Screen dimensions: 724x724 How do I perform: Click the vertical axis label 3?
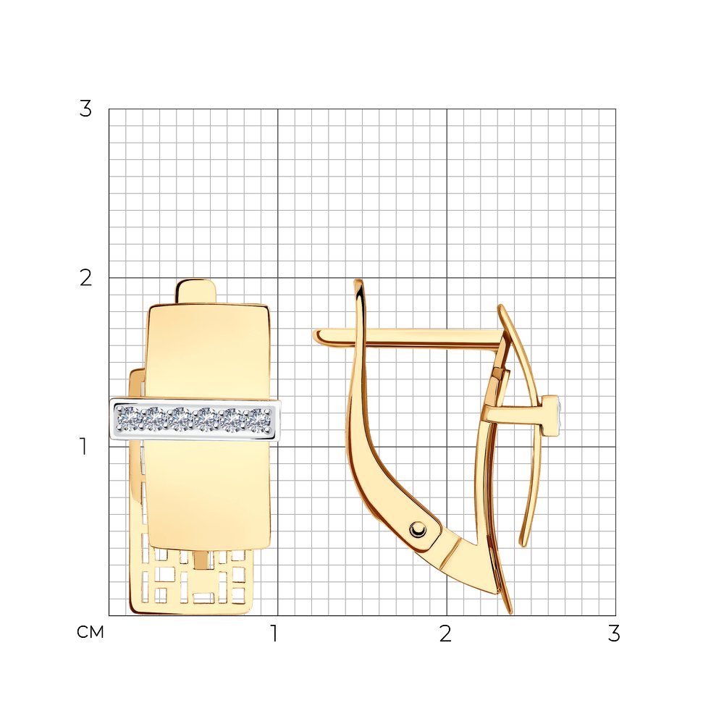click(x=86, y=109)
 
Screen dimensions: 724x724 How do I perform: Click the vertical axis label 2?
click(x=86, y=278)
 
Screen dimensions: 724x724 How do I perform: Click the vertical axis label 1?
click(x=83, y=447)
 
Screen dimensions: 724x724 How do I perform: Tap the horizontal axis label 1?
click(x=274, y=633)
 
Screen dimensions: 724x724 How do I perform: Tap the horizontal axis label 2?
click(x=445, y=633)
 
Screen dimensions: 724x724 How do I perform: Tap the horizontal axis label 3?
click(x=614, y=633)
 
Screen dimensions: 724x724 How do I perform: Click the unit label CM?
click(x=90, y=632)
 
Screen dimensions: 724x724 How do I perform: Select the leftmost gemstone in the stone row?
click(x=128, y=419)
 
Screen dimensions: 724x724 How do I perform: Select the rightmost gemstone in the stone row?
click(x=260, y=419)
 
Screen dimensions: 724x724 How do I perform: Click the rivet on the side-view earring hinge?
click(x=418, y=529)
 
